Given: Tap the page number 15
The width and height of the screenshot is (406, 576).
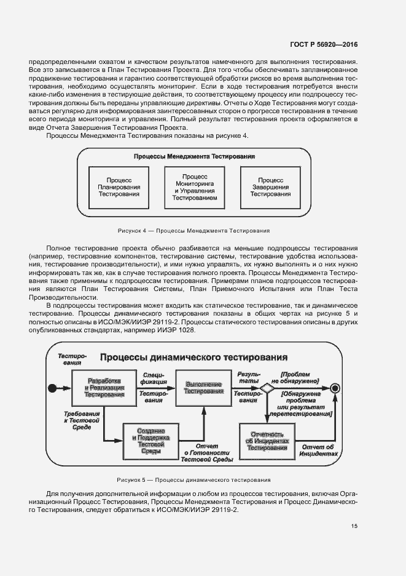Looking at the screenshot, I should click(354, 526).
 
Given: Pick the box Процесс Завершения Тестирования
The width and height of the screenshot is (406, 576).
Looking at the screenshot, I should click(270, 183).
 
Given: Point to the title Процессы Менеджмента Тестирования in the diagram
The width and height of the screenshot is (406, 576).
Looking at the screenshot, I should click(195, 157).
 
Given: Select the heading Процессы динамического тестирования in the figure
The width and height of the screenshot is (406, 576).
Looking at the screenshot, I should click(194, 358).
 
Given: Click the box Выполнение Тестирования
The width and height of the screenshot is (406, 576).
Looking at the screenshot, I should click(204, 388).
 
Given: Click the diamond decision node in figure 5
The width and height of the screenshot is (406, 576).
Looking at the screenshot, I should click(267, 388).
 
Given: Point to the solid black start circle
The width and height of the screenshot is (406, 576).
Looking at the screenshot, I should click(52, 388).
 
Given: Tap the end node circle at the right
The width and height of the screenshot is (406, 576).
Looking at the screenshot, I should click(335, 388).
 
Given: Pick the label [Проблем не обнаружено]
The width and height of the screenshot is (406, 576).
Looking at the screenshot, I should click(299, 377).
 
